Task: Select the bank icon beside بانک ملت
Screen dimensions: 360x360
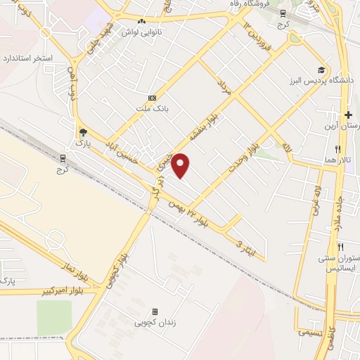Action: click(x=153, y=98)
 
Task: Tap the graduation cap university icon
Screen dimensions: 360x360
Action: click(x=321, y=70)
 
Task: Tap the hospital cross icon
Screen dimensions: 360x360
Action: click(x=348, y=115)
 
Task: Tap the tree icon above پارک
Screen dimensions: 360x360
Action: click(x=83, y=131)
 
